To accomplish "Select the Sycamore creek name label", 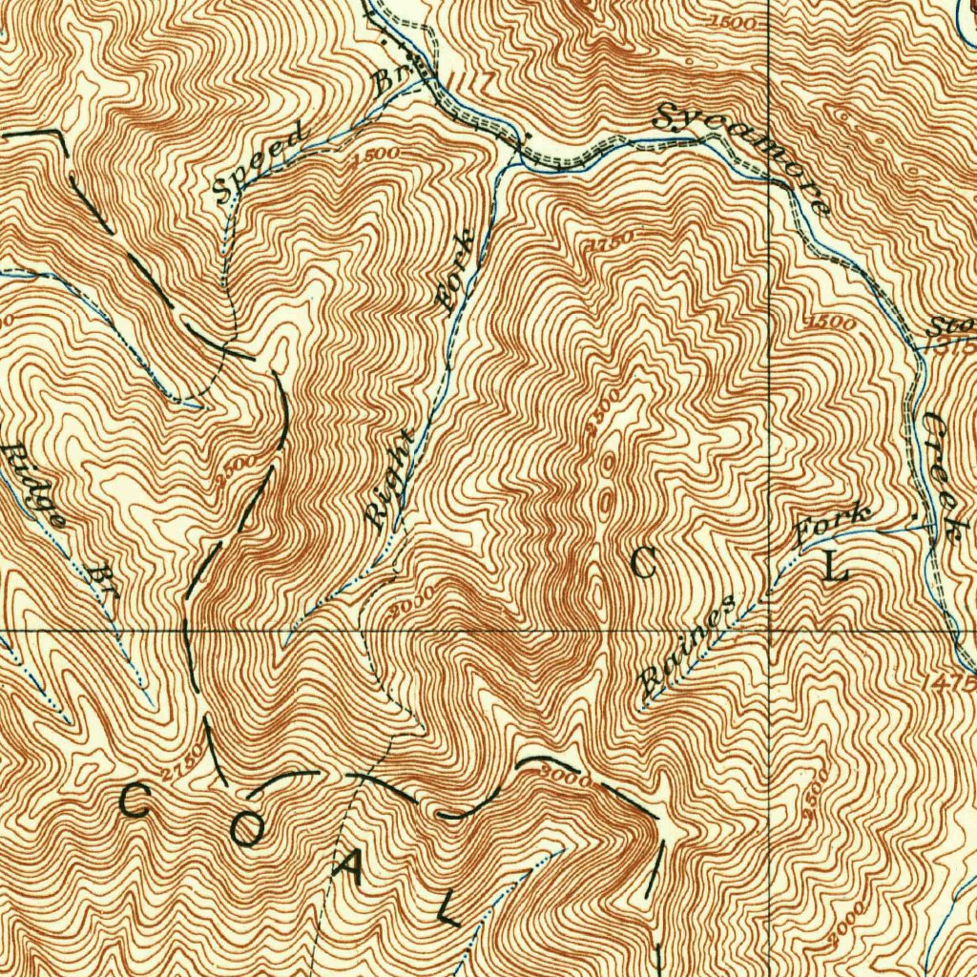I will [743, 156].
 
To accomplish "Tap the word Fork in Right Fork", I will [456, 271].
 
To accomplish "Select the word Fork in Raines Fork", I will [833, 525].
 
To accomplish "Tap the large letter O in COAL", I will [246, 829].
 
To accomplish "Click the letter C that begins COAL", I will [134, 800].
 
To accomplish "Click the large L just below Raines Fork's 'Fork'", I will [835, 569].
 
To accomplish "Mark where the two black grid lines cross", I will [770, 631].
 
